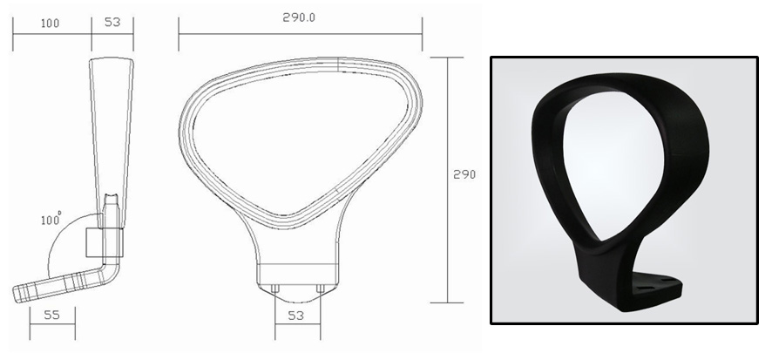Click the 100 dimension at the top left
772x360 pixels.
51,23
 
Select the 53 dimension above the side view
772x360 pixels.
112,23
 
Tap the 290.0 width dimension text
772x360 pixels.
300,17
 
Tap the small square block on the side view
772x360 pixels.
95,240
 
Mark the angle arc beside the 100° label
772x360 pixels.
54,253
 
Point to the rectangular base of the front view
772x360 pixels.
297,272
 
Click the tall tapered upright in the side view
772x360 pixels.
112,131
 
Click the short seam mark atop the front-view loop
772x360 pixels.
338,63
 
